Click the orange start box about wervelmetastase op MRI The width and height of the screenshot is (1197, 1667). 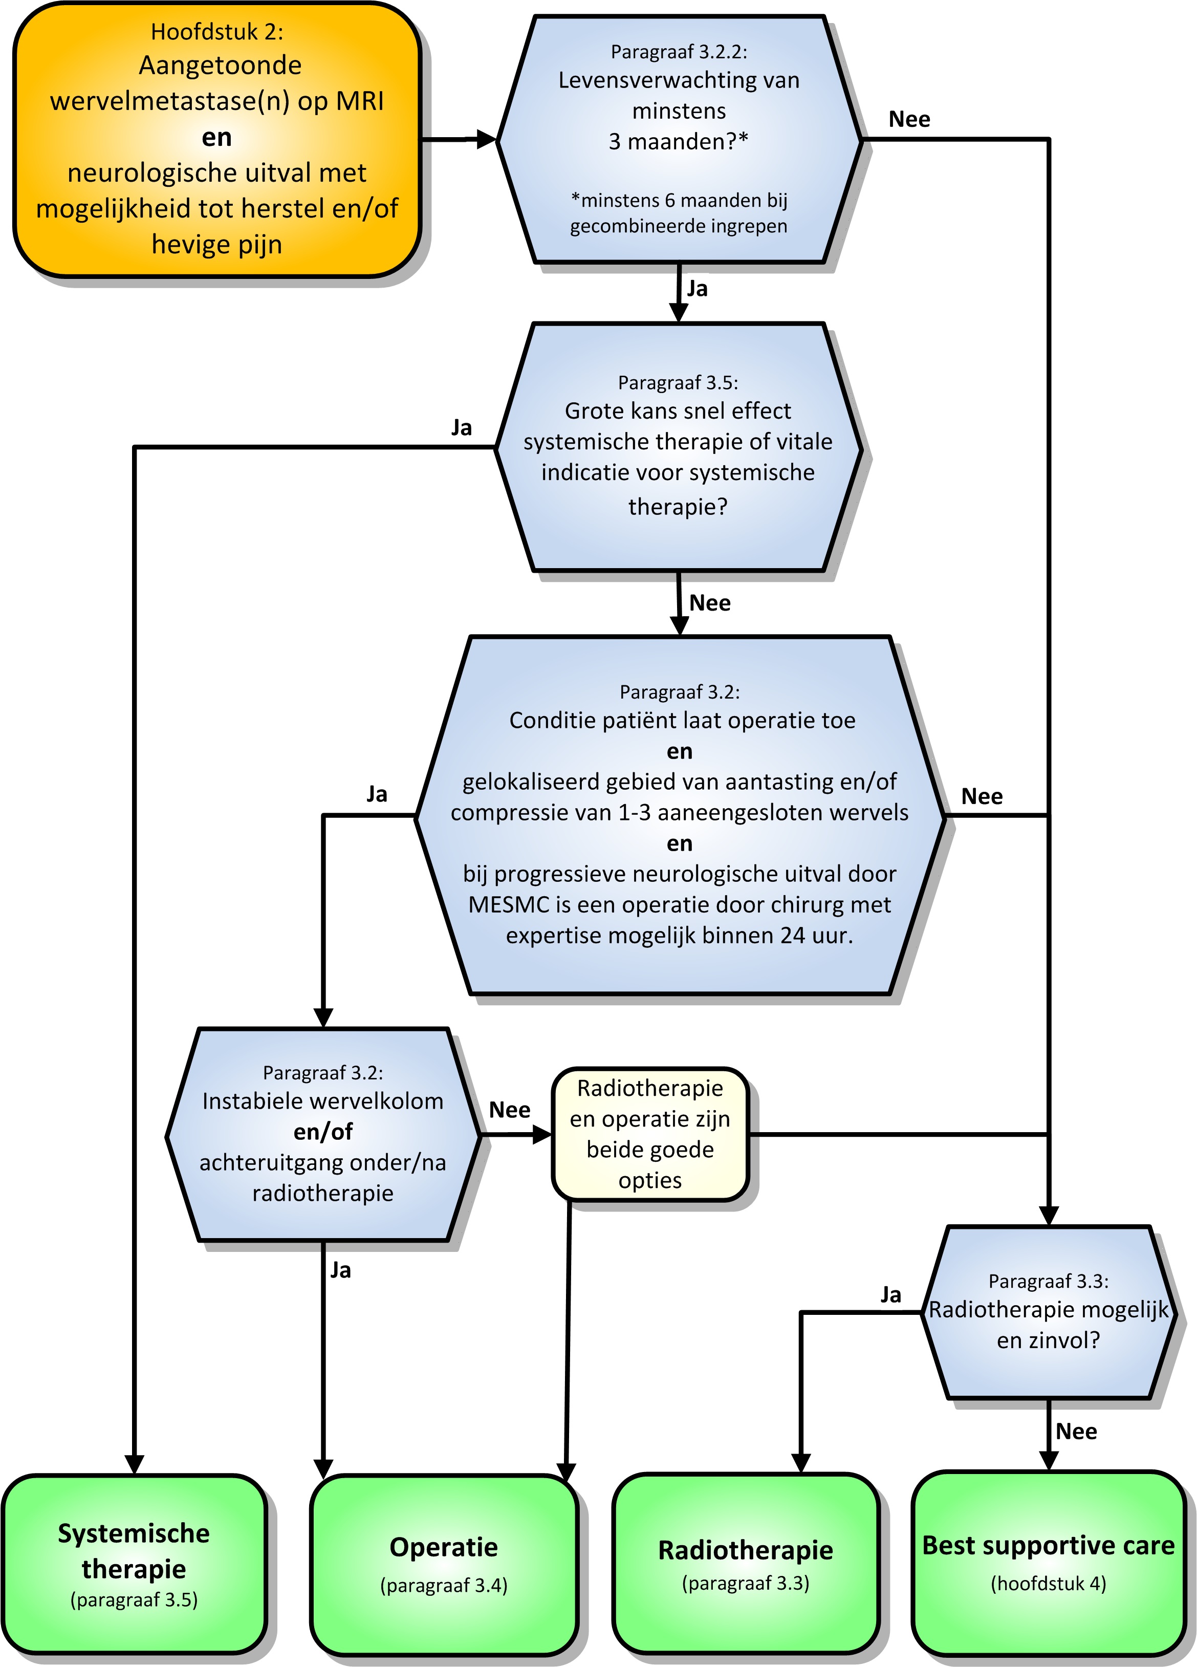click(x=217, y=140)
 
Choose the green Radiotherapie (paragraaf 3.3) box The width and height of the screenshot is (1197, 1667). click(x=746, y=1566)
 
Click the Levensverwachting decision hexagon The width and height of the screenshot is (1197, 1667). click(x=679, y=139)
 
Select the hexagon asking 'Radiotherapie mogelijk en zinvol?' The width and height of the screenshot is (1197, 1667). click(x=1049, y=1313)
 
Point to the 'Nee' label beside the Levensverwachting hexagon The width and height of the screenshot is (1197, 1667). click(x=910, y=119)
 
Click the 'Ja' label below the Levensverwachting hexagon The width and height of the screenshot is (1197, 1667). click(x=698, y=289)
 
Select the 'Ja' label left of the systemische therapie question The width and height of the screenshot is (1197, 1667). click(x=462, y=428)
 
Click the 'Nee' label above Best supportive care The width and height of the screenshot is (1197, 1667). click(x=1077, y=1431)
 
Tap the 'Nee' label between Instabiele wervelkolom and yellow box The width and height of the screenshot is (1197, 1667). click(x=510, y=1110)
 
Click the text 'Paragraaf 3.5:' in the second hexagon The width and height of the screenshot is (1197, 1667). click(x=678, y=382)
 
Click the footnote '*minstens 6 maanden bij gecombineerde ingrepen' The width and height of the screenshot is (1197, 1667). click(x=679, y=213)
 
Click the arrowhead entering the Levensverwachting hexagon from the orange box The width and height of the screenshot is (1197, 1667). click(x=487, y=139)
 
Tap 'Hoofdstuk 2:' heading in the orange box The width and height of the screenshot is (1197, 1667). click(x=217, y=32)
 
